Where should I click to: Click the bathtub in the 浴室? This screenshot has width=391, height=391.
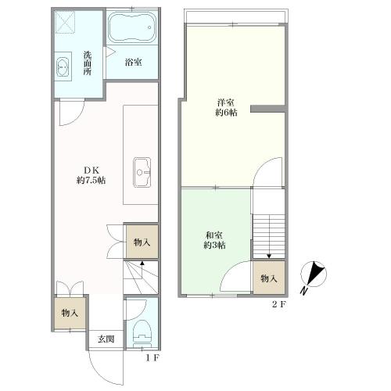(x=132, y=27)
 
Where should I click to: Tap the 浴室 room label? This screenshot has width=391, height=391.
(x=134, y=63)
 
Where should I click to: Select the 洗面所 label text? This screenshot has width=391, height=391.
(x=88, y=63)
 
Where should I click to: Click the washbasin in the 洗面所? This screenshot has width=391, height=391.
(x=63, y=66)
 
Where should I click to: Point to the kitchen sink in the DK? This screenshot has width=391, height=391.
(x=142, y=172)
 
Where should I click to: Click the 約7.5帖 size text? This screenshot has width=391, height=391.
(x=91, y=180)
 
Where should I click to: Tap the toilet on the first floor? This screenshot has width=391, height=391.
(x=142, y=333)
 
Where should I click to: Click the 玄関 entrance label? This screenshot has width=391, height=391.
(x=106, y=339)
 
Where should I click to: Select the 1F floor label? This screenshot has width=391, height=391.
(x=152, y=358)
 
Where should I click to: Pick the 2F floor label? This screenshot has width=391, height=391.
(x=279, y=304)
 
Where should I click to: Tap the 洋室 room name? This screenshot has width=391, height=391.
(x=225, y=102)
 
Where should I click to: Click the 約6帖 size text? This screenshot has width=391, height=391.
(x=226, y=113)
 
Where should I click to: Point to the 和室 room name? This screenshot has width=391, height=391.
(x=214, y=235)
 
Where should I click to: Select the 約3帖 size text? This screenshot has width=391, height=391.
(x=214, y=246)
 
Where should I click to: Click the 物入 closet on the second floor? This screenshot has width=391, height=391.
(x=269, y=278)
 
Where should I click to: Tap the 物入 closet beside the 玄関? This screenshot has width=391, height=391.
(x=70, y=313)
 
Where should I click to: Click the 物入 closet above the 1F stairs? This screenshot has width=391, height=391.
(x=142, y=242)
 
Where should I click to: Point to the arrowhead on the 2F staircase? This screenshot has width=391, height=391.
(x=269, y=256)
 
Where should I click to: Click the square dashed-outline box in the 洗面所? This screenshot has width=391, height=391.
(x=66, y=23)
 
